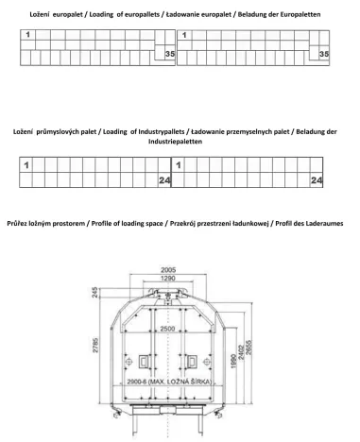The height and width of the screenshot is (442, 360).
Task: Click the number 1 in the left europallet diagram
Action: click(28, 36)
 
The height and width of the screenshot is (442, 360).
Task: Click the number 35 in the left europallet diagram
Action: click(168, 55)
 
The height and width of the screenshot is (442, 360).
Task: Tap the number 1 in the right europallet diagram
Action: click(184, 36)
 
